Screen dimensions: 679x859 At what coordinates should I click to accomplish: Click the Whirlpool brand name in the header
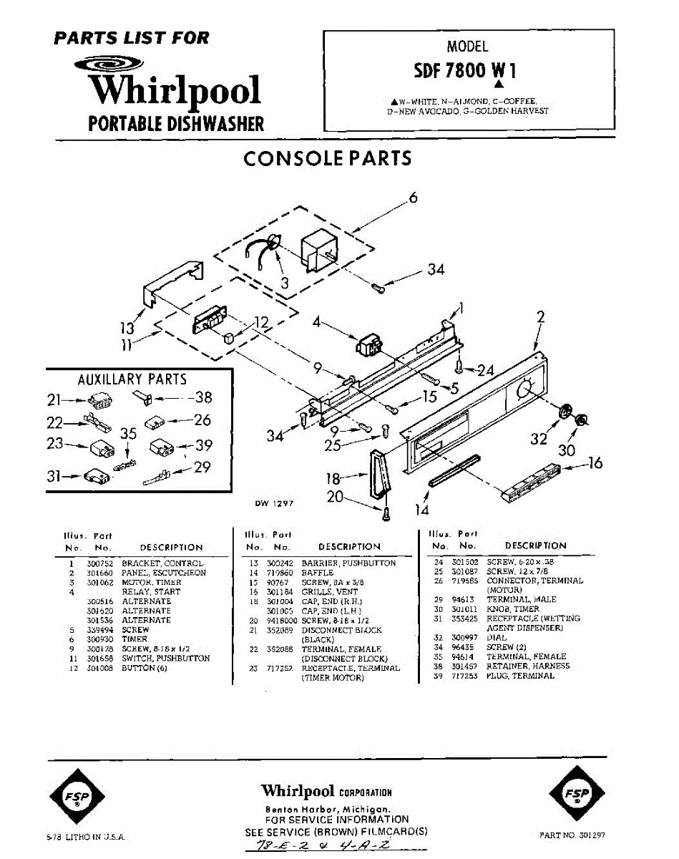point(175,91)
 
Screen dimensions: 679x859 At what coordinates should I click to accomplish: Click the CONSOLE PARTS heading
point(327,158)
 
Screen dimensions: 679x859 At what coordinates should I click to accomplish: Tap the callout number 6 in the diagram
point(413,198)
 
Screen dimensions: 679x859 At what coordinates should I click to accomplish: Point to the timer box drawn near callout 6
point(321,252)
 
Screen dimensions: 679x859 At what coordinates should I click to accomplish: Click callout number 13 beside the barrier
point(127,329)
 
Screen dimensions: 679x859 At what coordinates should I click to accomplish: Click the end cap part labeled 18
point(377,473)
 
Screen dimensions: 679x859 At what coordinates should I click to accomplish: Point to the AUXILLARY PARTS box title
point(132,379)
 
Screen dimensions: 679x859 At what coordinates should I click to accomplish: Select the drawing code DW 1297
point(275,503)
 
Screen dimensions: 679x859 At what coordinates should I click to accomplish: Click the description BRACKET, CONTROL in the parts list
point(162,563)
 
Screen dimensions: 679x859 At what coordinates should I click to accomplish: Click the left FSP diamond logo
point(77,796)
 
